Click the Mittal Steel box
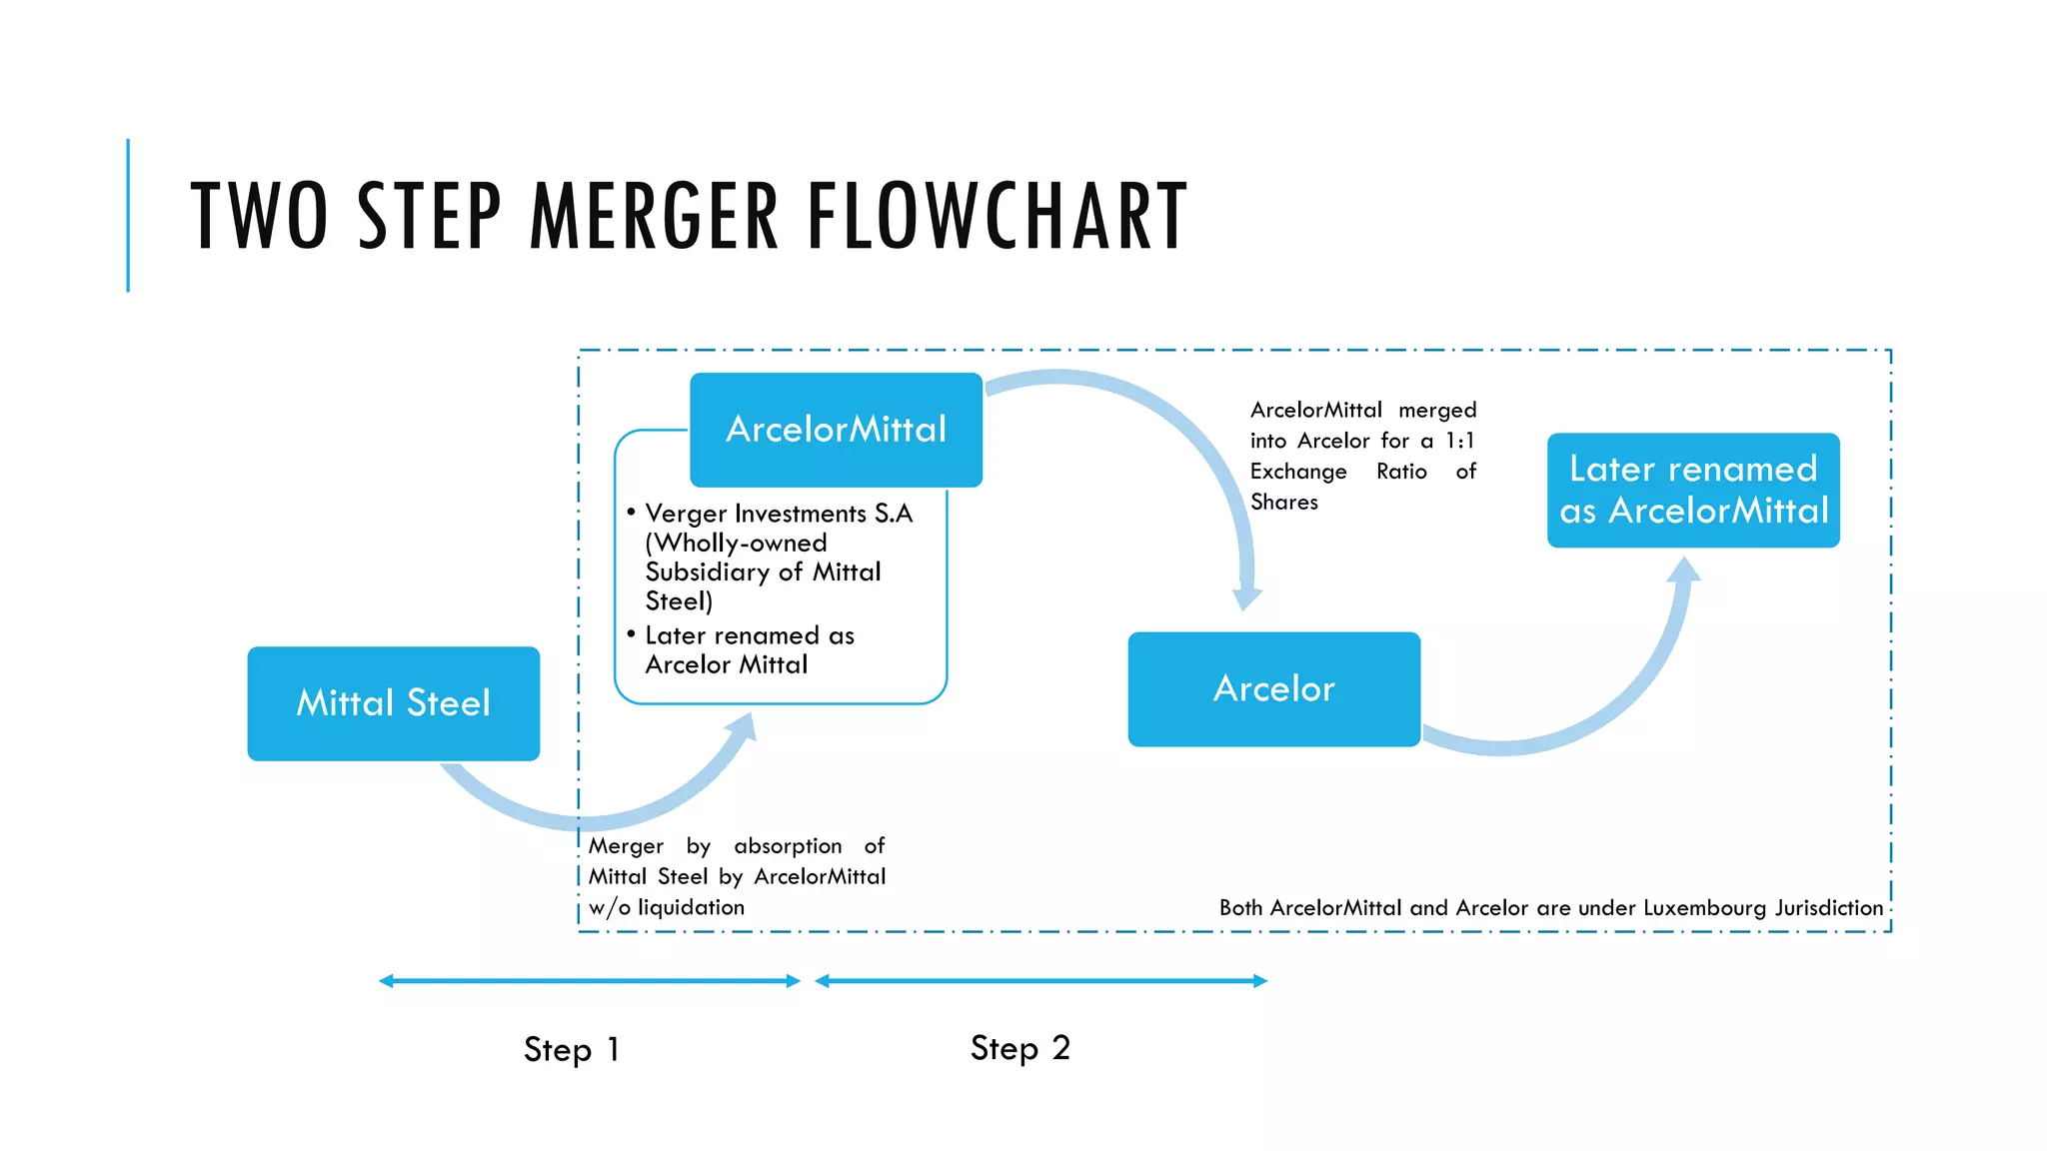(x=393, y=703)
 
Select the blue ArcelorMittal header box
(x=836, y=430)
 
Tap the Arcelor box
(x=1273, y=688)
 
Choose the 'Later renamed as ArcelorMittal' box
(x=1693, y=490)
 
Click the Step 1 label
(x=572, y=1049)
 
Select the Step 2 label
(x=1020, y=1048)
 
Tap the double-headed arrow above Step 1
(x=590, y=981)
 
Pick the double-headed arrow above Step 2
(x=1040, y=981)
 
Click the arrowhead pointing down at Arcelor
(x=1246, y=597)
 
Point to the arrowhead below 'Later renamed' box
(x=1684, y=570)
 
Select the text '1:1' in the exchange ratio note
(x=1460, y=441)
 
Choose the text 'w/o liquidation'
(x=667, y=907)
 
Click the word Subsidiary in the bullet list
(x=708, y=572)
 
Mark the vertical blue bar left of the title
(x=128, y=215)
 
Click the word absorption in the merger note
(x=788, y=846)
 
